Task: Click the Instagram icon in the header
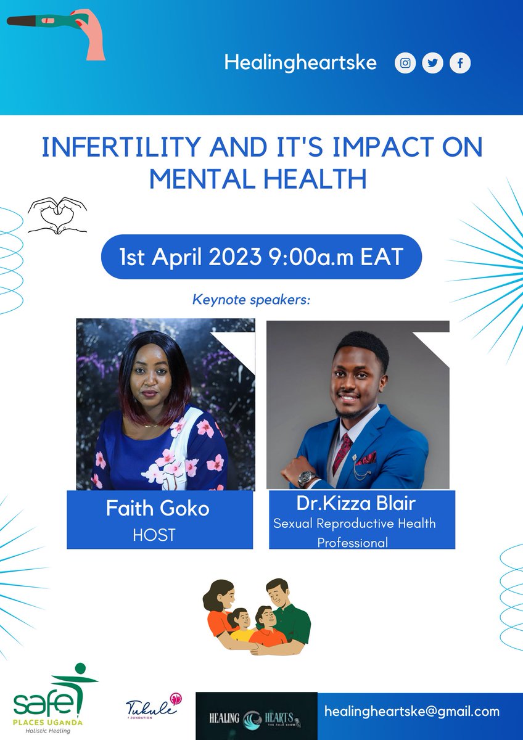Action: coord(405,64)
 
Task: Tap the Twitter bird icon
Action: coord(433,64)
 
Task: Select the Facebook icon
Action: coord(460,64)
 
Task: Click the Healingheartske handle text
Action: coord(300,63)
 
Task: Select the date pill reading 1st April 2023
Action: coord(261,256)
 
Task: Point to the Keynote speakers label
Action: coord(251,300)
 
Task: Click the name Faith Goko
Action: coord(157,509)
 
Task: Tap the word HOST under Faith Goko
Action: coord(154,535)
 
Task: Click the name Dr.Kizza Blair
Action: coord(356,503)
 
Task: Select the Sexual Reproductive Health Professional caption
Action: coord(355,533)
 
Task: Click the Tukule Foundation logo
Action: coord(153,705)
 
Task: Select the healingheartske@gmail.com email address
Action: coord(412,711)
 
